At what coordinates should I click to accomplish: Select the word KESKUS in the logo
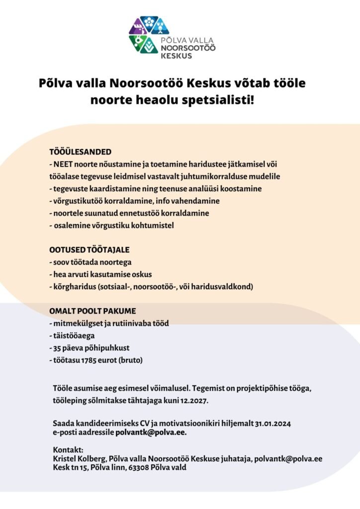(x=176, y=56)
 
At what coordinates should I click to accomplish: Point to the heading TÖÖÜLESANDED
(x=80, y=152)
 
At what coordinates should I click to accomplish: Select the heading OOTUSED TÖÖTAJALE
(x=89, y=250)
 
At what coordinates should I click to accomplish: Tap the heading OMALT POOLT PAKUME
(x=92, y=311)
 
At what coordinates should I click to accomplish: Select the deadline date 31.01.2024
(x=273, y=424)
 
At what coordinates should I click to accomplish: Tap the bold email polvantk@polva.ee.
(x=151, y=432)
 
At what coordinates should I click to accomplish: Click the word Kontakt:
(x=67, y=449)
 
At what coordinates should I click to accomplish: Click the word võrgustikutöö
(x=78, y=201)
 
